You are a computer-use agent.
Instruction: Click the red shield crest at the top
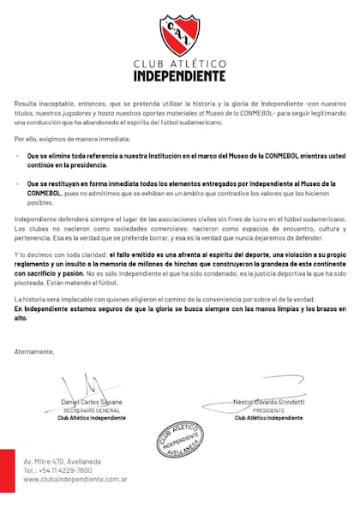pos(180,35)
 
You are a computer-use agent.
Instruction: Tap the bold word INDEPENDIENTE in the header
pos(180,75)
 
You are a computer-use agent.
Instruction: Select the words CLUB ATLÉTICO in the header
pos(180,63)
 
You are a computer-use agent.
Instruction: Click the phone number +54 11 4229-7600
pos(57,470)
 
